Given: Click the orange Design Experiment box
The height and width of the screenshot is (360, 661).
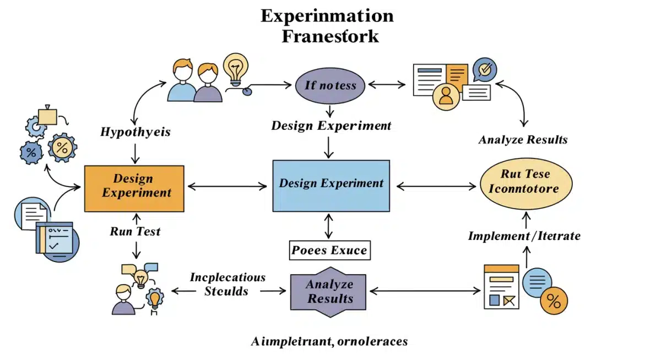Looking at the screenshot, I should (134, 188).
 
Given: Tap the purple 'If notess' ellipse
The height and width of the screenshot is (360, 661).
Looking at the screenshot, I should (330, 85).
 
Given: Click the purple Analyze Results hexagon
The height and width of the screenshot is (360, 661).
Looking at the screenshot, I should (330, 292).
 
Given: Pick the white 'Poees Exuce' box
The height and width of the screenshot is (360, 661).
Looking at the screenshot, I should (329, 250).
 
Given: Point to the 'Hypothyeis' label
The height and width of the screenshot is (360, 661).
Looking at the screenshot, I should (136, 132).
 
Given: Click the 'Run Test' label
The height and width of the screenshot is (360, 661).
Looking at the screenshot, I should (136, 231).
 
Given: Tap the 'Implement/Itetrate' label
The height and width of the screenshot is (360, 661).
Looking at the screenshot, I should (524, 236).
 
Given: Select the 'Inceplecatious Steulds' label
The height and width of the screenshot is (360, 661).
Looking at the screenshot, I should (227, 283).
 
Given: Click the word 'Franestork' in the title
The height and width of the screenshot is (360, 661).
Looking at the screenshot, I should (330, 36).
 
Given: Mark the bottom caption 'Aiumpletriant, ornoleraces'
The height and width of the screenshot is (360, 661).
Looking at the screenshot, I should (329, 341).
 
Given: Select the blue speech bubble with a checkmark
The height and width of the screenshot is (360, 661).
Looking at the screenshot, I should (485, 69).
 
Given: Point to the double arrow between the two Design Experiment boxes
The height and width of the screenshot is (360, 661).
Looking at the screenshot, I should (227, 186).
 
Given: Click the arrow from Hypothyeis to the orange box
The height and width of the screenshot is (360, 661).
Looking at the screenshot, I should (136, 152).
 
